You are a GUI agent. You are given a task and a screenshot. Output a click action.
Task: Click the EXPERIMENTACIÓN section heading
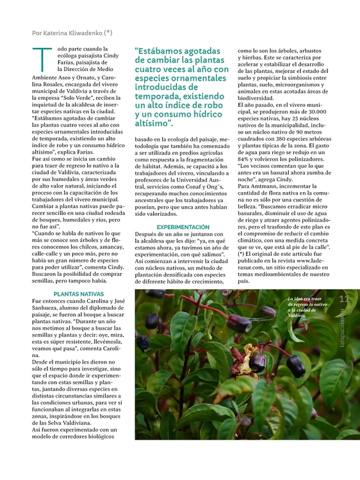tap(183, 227)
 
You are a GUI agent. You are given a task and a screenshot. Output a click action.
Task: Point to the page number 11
tap(343, 299)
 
